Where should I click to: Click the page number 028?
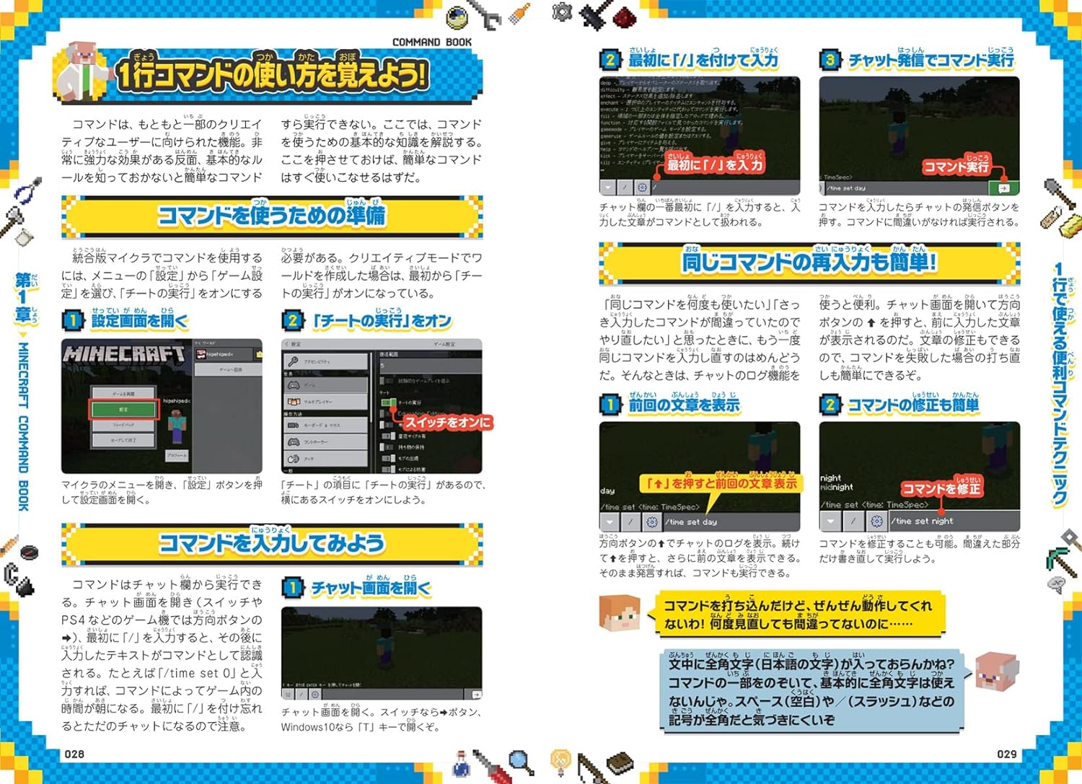coord(74,754)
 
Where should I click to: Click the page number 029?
coord(1006,754)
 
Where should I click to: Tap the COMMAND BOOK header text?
coord(431,43)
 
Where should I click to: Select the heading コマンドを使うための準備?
coord(271,216)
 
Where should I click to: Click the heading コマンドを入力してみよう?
coord(271,543)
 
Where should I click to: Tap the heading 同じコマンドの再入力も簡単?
coord(809,262)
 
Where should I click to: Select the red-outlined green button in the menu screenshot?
coord(123,409)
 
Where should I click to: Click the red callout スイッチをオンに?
coord(447,423)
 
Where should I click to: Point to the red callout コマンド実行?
coord(956,167)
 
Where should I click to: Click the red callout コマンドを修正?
coord(941,489)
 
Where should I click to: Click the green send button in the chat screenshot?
coord(1003,188)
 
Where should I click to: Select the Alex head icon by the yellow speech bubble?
coord(620,613)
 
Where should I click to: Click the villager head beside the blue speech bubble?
coord(996,671)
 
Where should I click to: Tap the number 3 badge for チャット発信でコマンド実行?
coord(830,60)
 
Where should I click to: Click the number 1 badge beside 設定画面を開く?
coord(72,320)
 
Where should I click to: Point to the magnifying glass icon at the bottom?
coord(520,761)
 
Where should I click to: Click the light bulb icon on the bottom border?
coord(560,759)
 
